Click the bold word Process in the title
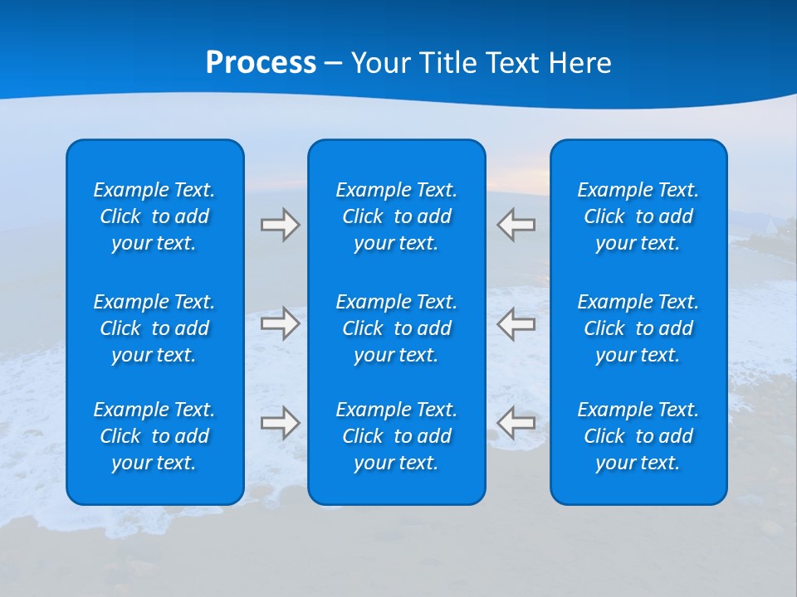(261, 63)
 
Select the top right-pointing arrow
(281, 225)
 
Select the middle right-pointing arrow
(281, 323)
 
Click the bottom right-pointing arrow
(281, 422)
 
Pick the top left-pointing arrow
(516, 225)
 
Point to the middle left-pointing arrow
(516, 323)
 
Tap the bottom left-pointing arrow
(516, 422)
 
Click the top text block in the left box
(154, 216)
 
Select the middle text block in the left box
(154, 328)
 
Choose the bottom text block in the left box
(154, 436)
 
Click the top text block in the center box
(397, 216)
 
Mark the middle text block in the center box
(397, 328)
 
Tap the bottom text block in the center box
(397, 436)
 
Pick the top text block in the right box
(638, 216)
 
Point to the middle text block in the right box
(638, 328)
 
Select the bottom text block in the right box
(638, 436)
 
